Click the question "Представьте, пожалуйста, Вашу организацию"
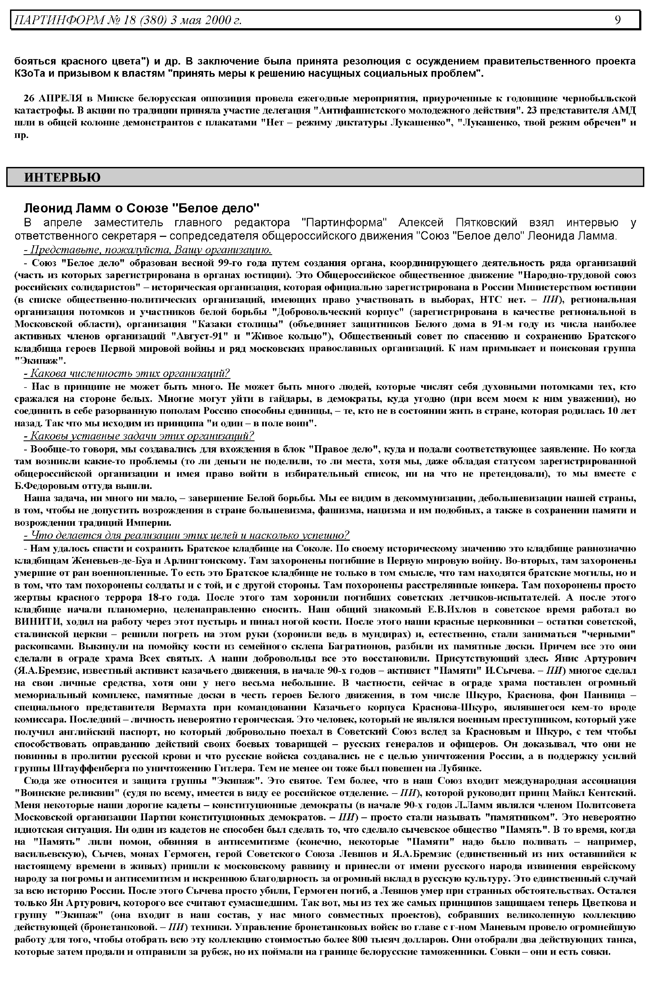click(x=148, y=250)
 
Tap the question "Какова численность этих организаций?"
click(x=127, y=373)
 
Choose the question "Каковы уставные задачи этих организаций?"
click(x=139, y=436)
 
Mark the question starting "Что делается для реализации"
click(x=187, y=536)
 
